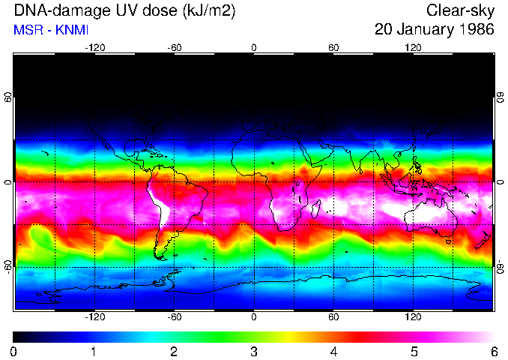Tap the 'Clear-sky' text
[x=460, y=10]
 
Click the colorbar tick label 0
[x=14, y=351]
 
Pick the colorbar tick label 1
[x=94, y=351]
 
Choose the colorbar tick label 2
[x=174, y=351]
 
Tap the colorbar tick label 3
[x=253, y=351]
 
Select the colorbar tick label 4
[x=333, y=351]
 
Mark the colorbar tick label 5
[x=413, y=351]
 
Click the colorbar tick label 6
[x=492, y=351]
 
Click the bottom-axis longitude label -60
[x=174, y=317]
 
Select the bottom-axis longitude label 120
[x=413, y=317]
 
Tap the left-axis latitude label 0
[x=7, y=182]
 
